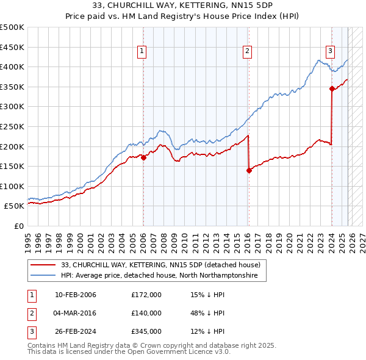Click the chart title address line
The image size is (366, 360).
182,5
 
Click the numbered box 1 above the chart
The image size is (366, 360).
142,51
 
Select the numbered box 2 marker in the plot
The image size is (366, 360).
248,51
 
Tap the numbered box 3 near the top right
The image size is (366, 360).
330,51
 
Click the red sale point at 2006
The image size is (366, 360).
143,157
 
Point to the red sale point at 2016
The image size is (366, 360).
249,170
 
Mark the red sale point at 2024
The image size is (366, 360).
332,88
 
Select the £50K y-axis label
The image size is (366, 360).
15,206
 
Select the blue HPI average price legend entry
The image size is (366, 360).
159,276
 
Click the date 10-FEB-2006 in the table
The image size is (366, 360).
76,295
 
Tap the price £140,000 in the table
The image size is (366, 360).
146,313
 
